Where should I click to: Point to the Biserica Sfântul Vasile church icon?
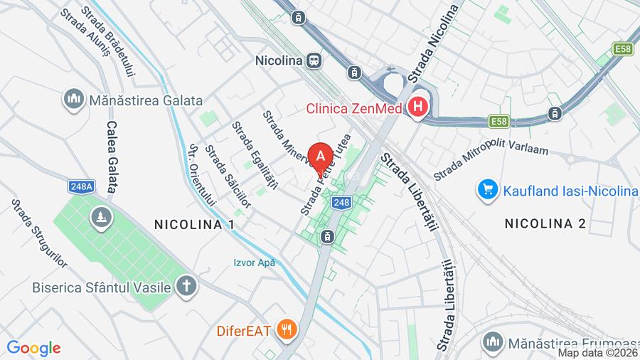(x=186, y=287)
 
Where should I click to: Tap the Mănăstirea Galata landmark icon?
(x=73, y=100)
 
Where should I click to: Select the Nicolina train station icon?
(x=314, y=61)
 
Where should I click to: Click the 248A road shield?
(x=82, y=186)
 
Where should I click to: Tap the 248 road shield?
(x=341, y=203)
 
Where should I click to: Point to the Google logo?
(x=33, y=348)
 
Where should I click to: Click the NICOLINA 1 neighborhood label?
(x=194, y=224)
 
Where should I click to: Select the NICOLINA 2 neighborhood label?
(x=545, y=223)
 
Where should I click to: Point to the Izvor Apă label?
(x=255, y=263)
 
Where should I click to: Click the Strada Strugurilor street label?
(x=39, y=233)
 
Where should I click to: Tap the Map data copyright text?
(x=598, y=353)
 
